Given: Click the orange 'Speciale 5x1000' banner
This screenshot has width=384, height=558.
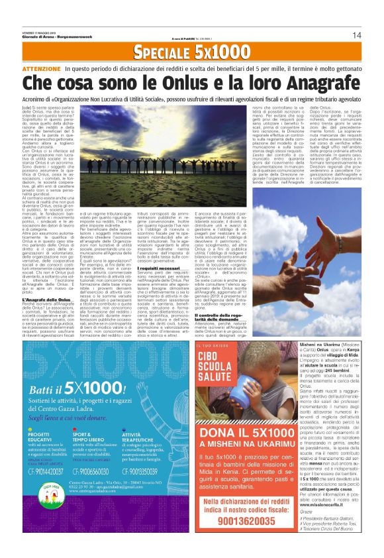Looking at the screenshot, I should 191,51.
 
